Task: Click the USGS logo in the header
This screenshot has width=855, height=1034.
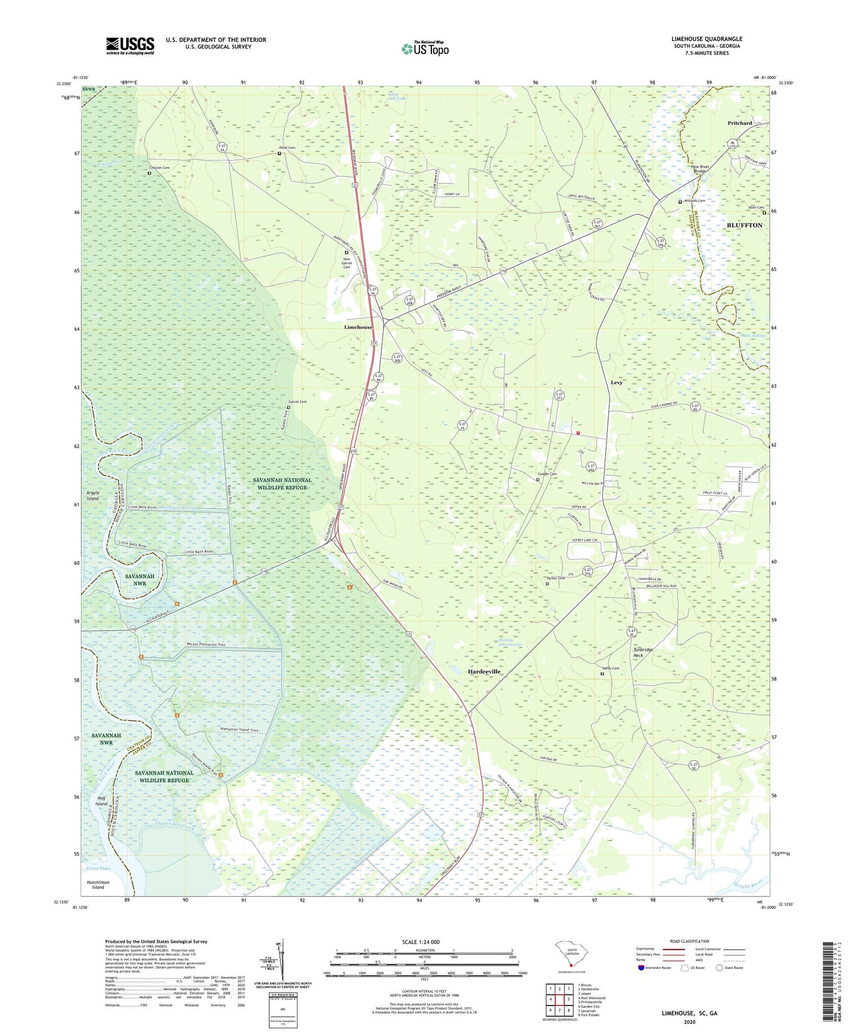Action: pyautogui.click(x=130, y=46)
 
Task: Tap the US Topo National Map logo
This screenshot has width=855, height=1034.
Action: pyautogui.click(x=425, y=48)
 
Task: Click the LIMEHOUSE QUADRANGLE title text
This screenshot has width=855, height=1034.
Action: pyautogui.click(x=706, y=39)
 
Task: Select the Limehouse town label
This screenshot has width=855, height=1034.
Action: pyautogui.click(x=358, y=327)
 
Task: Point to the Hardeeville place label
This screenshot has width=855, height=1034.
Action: pyautogui.click(x=484, y=672)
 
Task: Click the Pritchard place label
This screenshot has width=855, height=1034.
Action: pyautogui.click(x=740, y=123)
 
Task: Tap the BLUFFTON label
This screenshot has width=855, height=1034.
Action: pyautogui.click(x=744, y=225)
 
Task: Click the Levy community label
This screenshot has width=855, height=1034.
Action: pyautogui.click(x=616, y=383)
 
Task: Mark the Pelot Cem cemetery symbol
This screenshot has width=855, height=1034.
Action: pyautogui.click(x=279, y=153)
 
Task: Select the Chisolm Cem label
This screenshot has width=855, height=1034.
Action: pyautogui.click(x=159, y=168)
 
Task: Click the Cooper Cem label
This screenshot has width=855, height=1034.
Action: pyautogui.click(x=547, y=474)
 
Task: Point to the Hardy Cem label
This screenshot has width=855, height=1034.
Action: pyautogui.click(x=610, y=668)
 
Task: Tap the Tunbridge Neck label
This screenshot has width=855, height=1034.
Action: pyautogui.click(x=643, y=652)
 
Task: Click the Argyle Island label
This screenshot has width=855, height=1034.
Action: pyautogui.click(x=93, y=495)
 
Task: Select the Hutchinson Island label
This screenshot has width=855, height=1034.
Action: pyautogui.click(x=98, y=885)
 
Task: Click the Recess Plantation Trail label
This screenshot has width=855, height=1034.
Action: pyautogui.click(x=214, y=644)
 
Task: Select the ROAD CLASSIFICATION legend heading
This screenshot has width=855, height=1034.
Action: pyautogui.click(x=690, y=941)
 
